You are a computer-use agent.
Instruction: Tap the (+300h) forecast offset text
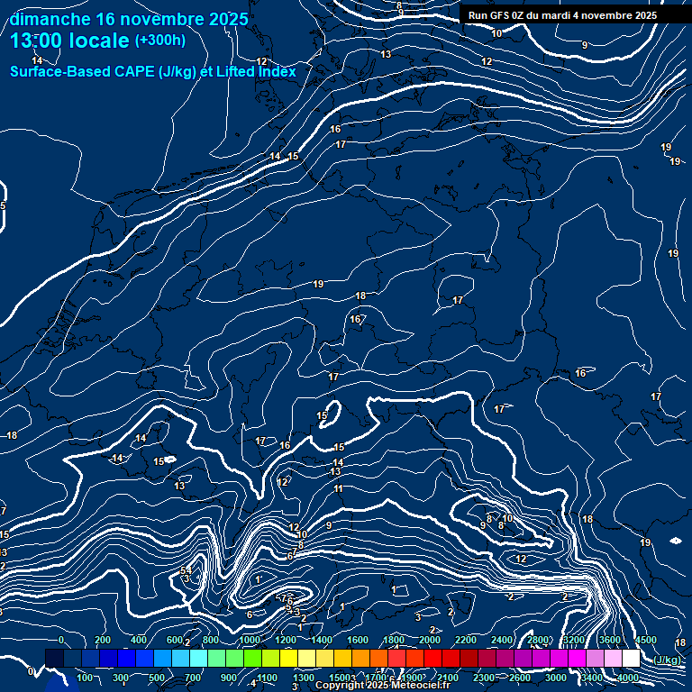coord(160,41)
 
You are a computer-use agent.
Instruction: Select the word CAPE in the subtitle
coord(131,71)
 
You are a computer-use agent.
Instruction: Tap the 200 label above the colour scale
coord(102,640)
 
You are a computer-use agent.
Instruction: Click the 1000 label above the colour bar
coord(250,640)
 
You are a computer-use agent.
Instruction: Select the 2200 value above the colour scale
coord(466,640)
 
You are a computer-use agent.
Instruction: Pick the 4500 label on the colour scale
coord(645,640)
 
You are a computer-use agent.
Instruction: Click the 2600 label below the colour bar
coord(520,678)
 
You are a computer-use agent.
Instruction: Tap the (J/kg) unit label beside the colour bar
coord(667,660)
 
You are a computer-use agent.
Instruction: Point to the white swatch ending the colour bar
coord(631,659)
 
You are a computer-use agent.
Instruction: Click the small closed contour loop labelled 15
coord(326,414)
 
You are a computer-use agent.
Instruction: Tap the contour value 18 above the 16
coord(360,296)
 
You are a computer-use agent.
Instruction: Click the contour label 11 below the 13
coord(339,489)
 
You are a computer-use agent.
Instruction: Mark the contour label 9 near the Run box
coord(585,45)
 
